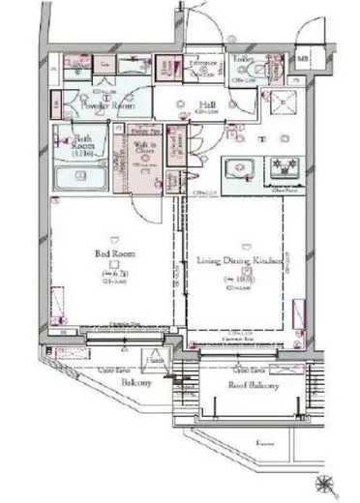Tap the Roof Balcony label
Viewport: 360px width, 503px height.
click(253, 385)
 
